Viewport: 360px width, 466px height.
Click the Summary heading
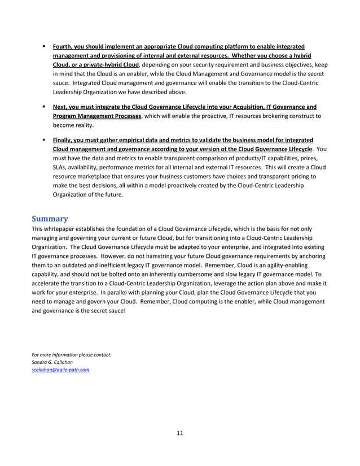click(x=49, y=218)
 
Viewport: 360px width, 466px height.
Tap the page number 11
click(x=179, y=433)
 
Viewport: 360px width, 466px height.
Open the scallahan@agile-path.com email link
click(x=60, y=370)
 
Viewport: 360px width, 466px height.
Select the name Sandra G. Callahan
click(x=52, y=362)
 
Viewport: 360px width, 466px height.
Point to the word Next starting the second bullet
click(x=60, y=107)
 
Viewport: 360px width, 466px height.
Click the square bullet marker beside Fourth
click(x=43, y=46)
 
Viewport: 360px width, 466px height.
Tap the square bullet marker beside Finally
click(x=43, y=139)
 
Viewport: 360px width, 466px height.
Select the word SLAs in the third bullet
click(x=60, y=167)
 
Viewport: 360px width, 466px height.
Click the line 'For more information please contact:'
click(x=71, y=354)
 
